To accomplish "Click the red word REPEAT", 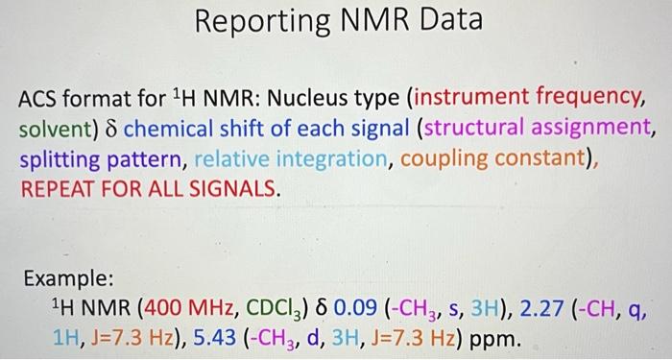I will click(x=57, y=188).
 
